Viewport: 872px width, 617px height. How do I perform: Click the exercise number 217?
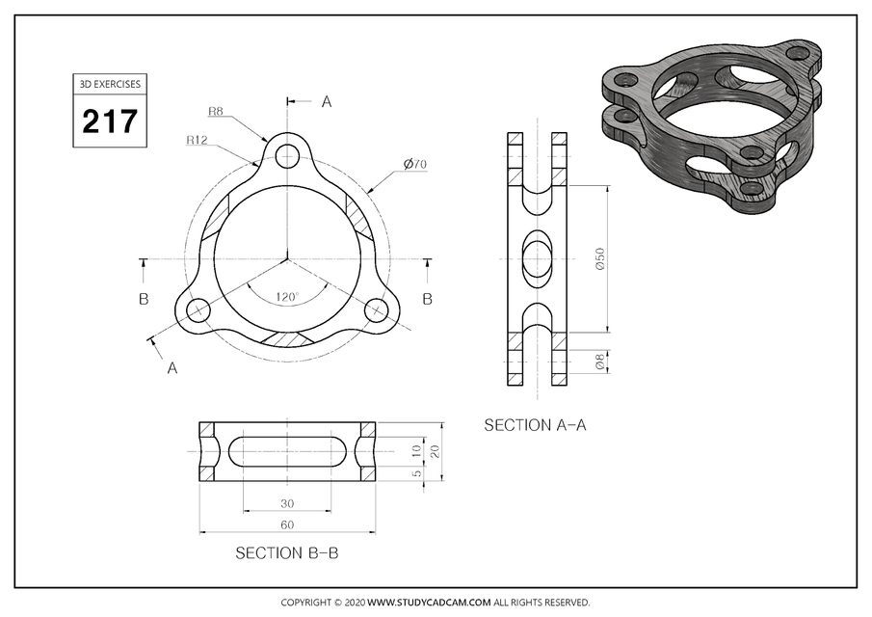pyautogui.click(x=109, y=122)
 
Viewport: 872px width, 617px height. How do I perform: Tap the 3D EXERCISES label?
pyautogui.click(x=109, y=84)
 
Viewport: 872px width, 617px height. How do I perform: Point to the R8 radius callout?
pyautogui.click(x=216, y=112)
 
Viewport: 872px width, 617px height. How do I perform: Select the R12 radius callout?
pyautogui.click(x=198, y=140)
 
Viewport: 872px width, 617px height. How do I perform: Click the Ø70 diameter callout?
pyautogui.click(x=415, y=165)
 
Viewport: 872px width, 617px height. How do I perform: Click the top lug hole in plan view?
pyautogui.click(x=287, y=155)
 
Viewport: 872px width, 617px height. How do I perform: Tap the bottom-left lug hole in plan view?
pyautogui.click(x=198, y=310)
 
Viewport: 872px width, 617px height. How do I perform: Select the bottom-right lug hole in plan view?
pyautogui.click(x=376, y=310)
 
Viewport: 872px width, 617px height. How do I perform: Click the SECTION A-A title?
pyautogui.click(x=535, y=425)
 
